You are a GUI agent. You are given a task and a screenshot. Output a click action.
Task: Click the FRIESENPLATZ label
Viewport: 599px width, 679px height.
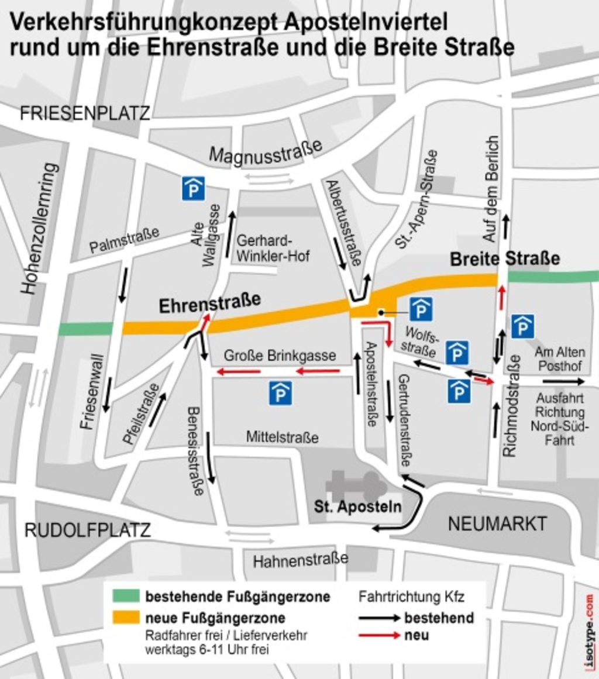point(85,113)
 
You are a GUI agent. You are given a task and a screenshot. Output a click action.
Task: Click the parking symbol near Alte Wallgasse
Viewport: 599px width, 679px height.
point(193,188)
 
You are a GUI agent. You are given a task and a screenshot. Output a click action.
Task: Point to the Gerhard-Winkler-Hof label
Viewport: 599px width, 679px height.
point(272,249)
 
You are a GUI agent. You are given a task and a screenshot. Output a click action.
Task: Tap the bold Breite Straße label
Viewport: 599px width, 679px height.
point(504,258)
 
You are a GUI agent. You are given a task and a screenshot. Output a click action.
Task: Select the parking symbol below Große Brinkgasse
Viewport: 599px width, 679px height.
point(280,393)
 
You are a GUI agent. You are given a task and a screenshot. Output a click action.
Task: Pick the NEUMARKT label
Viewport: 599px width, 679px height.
point(497,523)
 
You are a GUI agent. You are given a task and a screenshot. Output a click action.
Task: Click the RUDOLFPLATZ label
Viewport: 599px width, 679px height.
point(88,530)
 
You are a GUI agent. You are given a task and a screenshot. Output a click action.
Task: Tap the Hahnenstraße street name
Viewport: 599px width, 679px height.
point(300,560)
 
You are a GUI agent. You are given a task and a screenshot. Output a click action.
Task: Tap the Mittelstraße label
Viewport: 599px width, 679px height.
point(282,437)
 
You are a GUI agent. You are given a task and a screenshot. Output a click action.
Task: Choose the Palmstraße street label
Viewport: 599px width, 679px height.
point(124,240)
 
